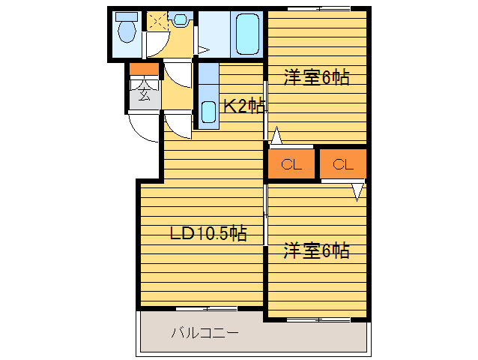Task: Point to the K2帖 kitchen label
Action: point(243,106)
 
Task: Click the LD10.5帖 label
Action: point(208,233)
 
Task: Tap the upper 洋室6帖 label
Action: point(315,77)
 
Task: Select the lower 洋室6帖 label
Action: point(315,250)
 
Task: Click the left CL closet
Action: point(291,165)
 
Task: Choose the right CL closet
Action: point(343,165)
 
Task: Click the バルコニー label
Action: point(205,331)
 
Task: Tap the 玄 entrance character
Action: point(144,94)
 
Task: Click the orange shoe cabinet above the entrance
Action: point(144,70)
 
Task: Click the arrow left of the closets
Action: point(276,136)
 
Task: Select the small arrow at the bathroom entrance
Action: point(202,49)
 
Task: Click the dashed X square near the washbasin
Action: point(157,22)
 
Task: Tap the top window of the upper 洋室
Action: point(318,8)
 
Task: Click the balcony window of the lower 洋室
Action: point(318,320)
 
